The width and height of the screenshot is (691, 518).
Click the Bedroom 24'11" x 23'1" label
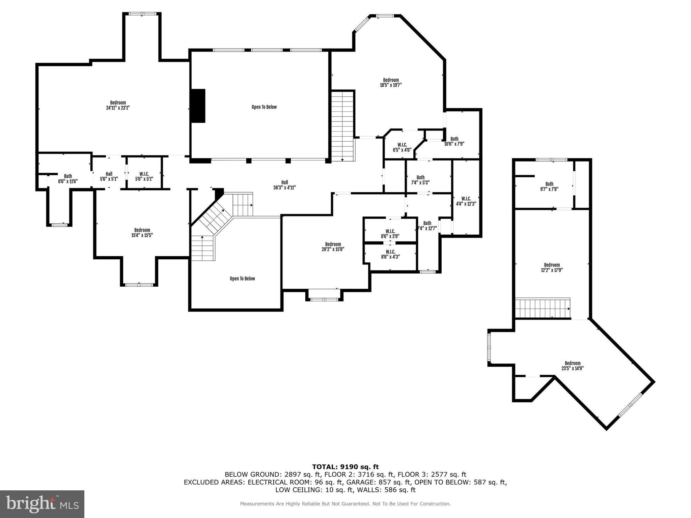coord(118,105)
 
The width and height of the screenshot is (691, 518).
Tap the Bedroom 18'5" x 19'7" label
coord(391,83)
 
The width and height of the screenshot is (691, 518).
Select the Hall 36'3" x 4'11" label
coord(284,185)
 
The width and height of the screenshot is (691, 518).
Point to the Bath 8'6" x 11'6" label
coord(68,179)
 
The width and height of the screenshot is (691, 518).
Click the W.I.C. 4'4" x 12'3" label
coord(466,201)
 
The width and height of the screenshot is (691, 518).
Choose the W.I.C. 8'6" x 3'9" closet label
coord(390,234)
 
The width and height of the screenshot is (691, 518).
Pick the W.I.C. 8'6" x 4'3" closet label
coord(390,254)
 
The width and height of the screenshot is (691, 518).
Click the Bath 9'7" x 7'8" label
coord(549,186)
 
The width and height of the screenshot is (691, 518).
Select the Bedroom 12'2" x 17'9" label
coord(552,267)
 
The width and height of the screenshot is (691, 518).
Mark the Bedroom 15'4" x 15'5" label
coord(142,233)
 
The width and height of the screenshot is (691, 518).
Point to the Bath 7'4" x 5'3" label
coord(420,180)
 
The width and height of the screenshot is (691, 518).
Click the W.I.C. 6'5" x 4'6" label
coord(402,147)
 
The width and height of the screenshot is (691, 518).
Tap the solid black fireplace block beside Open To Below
coord(198,106)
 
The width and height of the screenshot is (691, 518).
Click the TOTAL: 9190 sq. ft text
coord(345,467)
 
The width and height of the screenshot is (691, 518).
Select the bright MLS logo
coord(42,504)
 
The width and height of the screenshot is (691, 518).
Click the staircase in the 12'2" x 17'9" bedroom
coord(542,308)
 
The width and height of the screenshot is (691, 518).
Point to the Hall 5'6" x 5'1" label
coord(109,176)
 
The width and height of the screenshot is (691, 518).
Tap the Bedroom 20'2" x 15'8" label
coord(333,247)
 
